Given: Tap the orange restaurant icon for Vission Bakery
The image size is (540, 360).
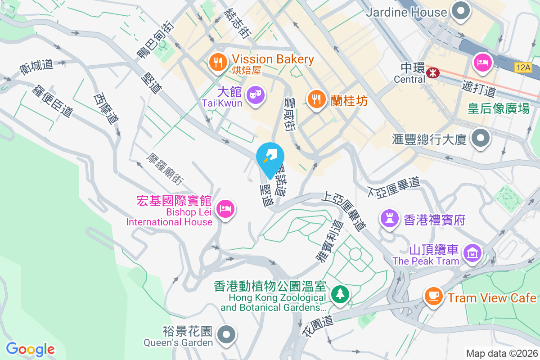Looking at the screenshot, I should [x=218, y=62].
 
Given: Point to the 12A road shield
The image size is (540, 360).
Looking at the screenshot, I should [x=524, y=67].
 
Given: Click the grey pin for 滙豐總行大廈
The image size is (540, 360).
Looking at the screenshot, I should [x=481, y=138].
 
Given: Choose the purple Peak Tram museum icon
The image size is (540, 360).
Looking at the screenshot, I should [x=472, y=253].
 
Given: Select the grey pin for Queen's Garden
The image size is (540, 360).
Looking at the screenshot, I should [x=227, y=335].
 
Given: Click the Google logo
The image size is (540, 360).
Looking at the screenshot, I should [x=30, y=349].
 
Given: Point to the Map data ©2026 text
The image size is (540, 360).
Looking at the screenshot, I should [x=502, y=353].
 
